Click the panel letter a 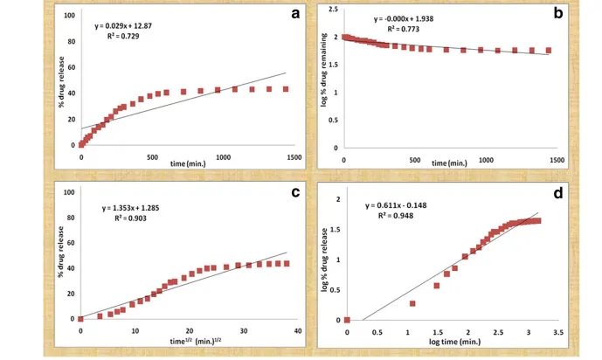(295, 14)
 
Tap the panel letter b (557, 13)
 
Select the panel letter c (295, 192)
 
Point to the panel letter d (557, 193)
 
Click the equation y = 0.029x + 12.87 (123, 26)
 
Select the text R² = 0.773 (403, 29)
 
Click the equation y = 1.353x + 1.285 (130, 208)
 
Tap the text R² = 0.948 (396, 216)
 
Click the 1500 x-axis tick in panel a (294, 157)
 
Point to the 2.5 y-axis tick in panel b (333, 9)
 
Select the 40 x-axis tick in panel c (298, 331)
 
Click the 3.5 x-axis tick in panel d (558, 332)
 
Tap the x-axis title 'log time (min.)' (455, 342)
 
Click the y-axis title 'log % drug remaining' (323, 70)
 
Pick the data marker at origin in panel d (347, 320)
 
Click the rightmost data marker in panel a (286, 89)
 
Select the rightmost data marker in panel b (549, 51)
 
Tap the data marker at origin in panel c (80, 319)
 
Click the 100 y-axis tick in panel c (69, 192)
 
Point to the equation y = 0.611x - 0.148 (396, 205)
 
